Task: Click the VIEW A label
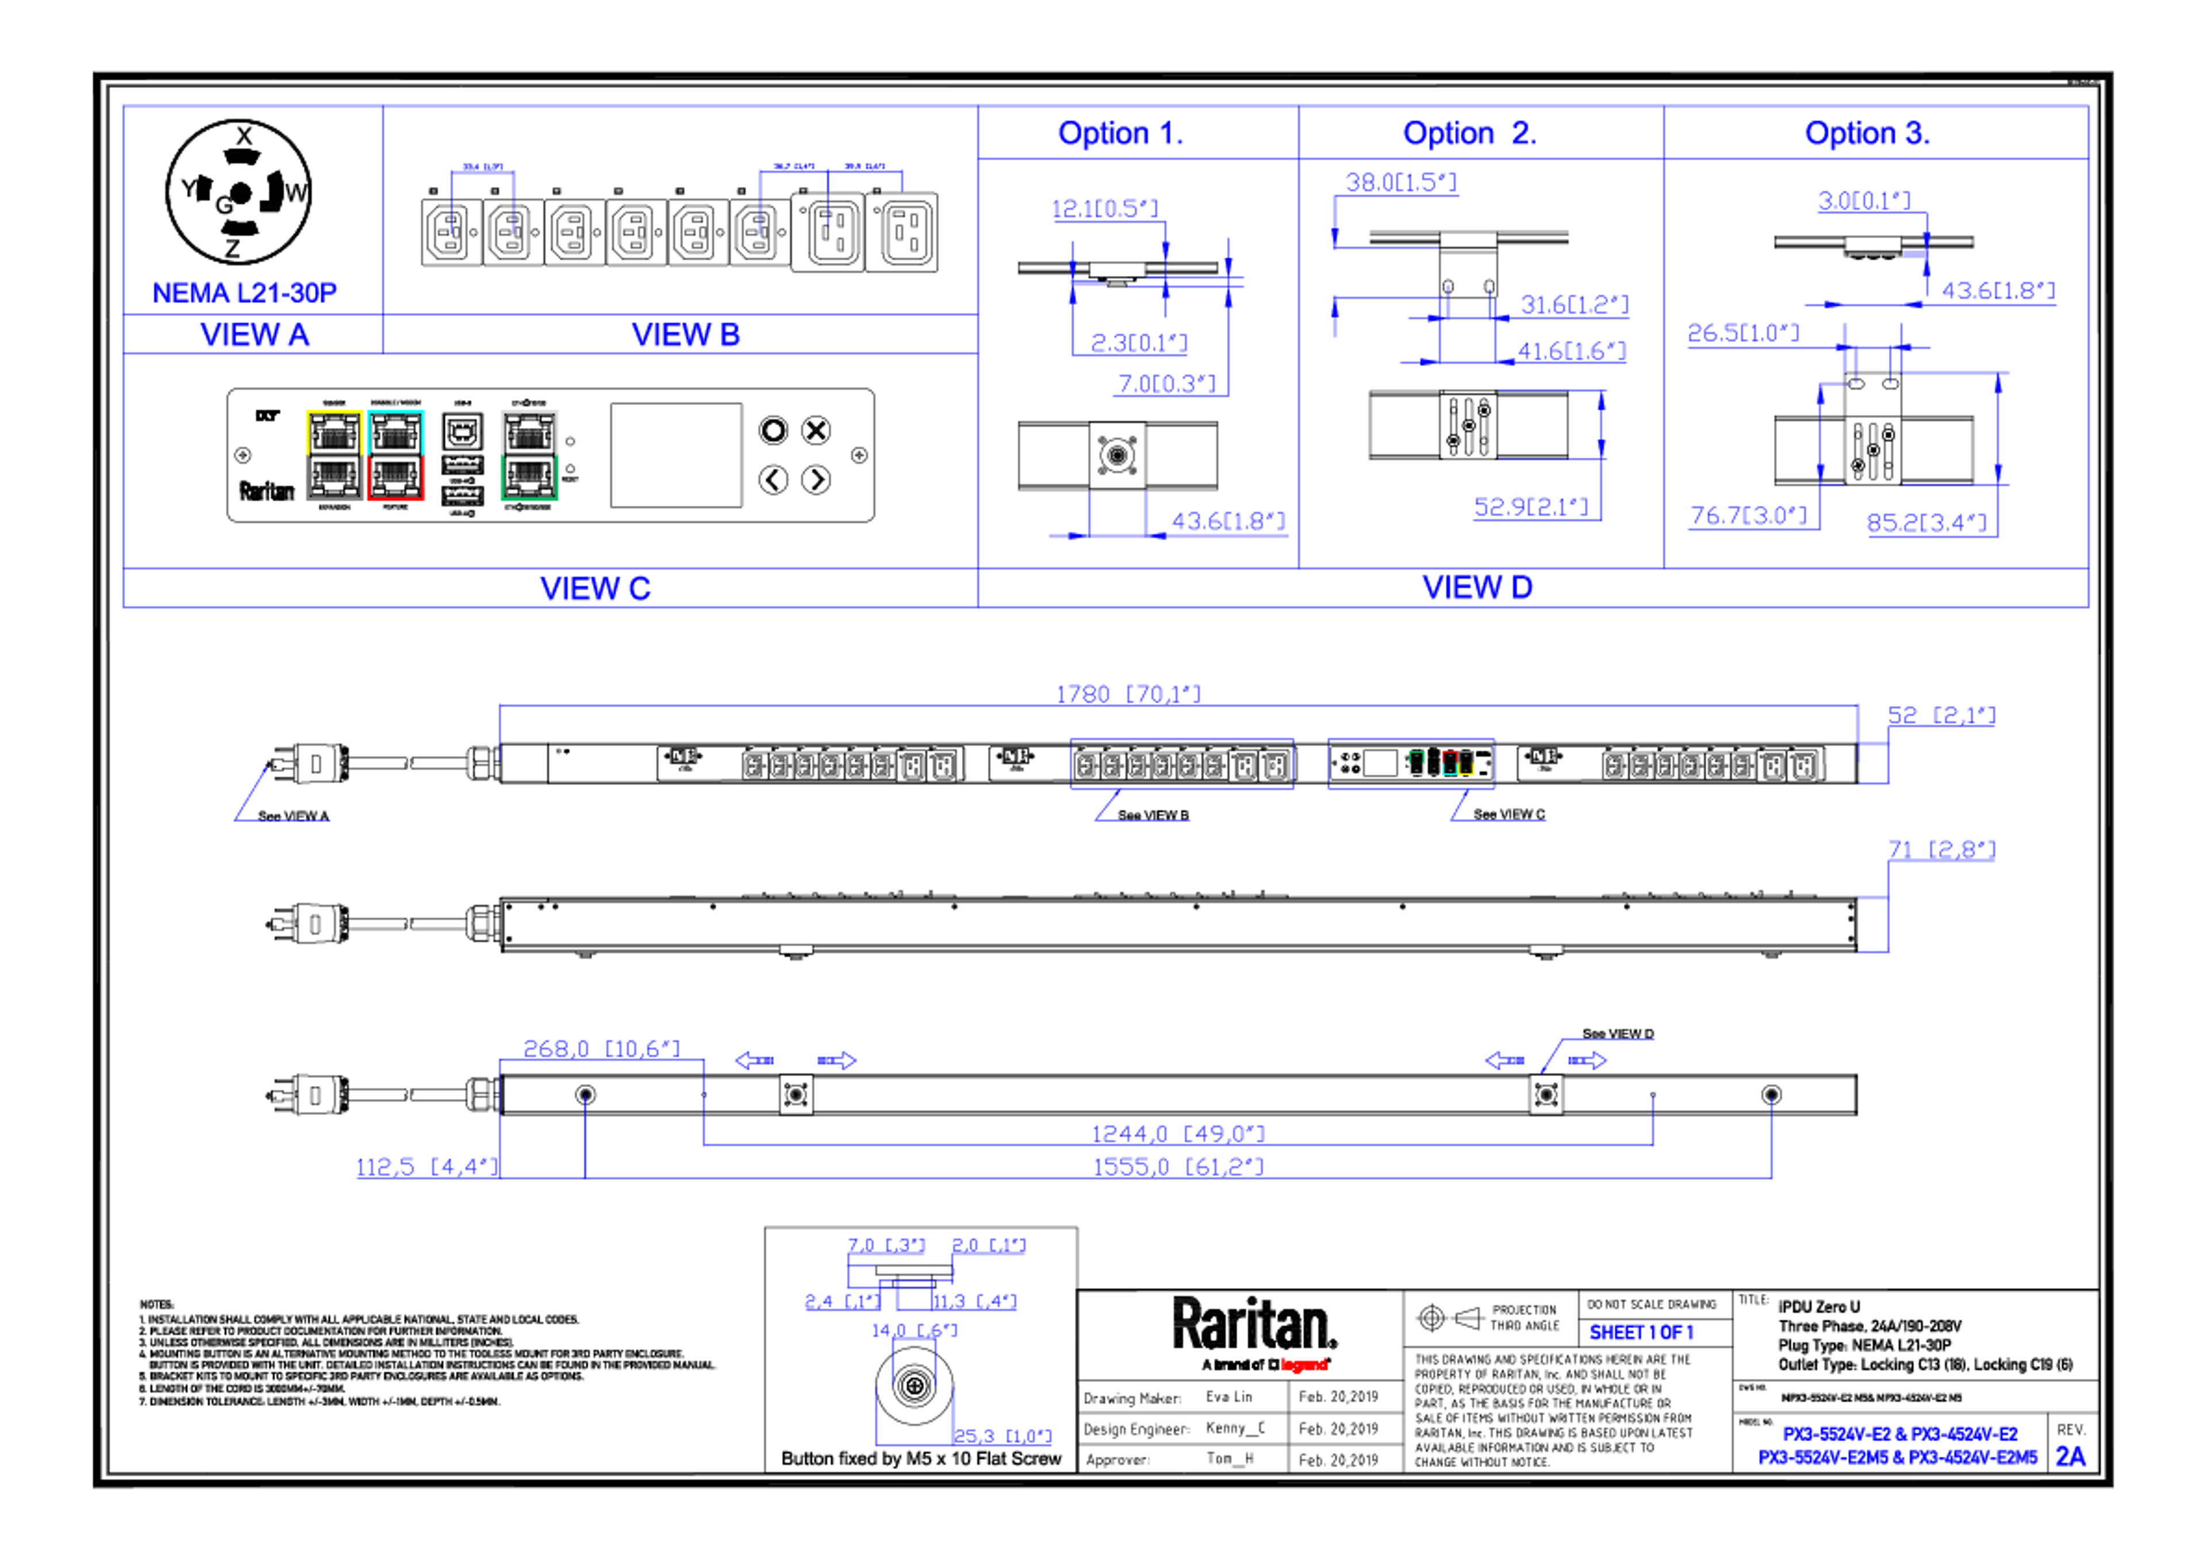[x=255, y=336]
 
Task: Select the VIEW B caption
[x=685, y=336]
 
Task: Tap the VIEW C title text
[x=595, y=589]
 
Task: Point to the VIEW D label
[x=1477, y=586]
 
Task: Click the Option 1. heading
[x=1120, y=134]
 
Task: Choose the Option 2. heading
[x=1469, y=134]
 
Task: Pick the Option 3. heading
[x=1866, y=134]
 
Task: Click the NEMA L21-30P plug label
[x=245, y=292]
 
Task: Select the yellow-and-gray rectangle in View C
[x=333, y=455]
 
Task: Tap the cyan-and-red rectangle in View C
[x=396, y=455]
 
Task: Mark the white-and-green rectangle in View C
[x=529, y=455]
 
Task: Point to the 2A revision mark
[x=2071, y=1457]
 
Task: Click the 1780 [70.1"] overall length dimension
[x=1128, y=692]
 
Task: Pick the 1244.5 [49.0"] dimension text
[x=1178, y=1133]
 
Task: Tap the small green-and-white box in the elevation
[x=1416, y=763]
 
